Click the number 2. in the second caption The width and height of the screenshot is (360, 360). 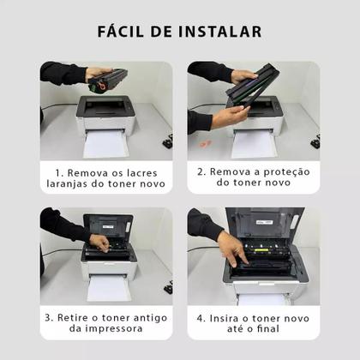point(202,171)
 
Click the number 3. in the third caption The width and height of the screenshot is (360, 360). point(50,318)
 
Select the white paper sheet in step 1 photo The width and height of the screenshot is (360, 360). point(105,142)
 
